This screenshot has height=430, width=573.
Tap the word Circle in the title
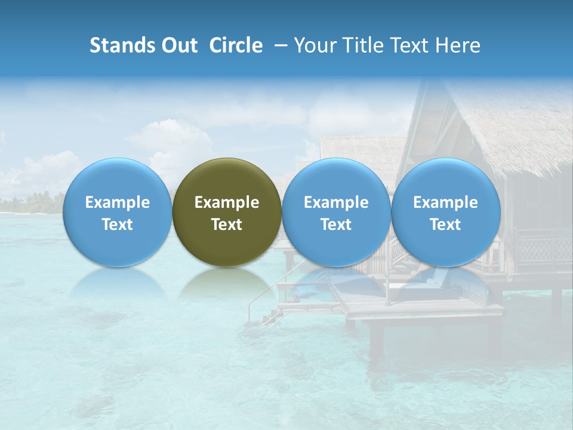[236, 45]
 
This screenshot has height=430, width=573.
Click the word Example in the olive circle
[227, 202]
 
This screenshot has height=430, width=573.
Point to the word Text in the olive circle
[227, 225]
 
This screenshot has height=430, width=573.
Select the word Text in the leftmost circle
[117, 225]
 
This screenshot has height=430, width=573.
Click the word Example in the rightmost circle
[445, 202]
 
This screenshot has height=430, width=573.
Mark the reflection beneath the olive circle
[227, 284]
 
